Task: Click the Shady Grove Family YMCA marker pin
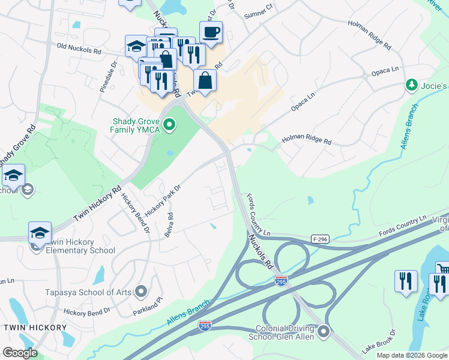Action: coord(170,125)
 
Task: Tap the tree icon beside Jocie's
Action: coord(412,86)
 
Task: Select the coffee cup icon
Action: coord(211,32)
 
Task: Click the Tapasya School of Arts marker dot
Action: coord(141,292)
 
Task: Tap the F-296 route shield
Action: coord(321,239)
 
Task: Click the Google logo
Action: coord(20,353)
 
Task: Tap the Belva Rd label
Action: coord(170,224)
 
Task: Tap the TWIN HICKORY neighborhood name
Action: coord(35,328)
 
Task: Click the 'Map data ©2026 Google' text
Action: coord(412,355)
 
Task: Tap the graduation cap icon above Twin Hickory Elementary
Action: coord(40,233)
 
